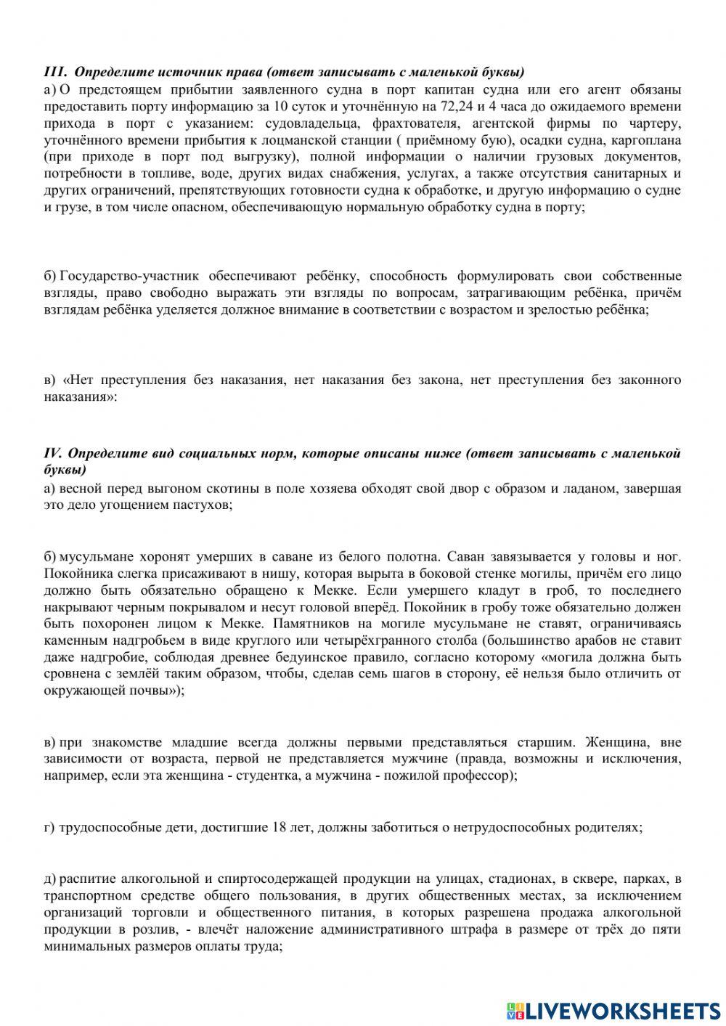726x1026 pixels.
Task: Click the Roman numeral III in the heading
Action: click(x=55, y=73)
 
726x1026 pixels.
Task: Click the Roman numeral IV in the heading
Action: click(x=54, y=454)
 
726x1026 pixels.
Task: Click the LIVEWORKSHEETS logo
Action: click(x=614, y=1010)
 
